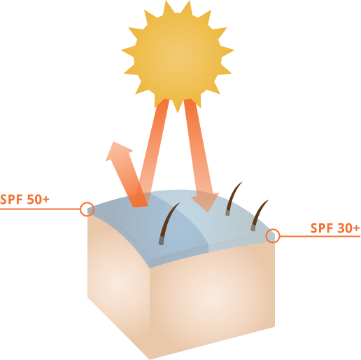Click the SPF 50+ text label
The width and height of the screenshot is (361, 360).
(25, 200)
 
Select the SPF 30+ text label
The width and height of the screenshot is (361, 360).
(335, 228)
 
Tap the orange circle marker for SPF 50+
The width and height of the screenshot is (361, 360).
(87, 209)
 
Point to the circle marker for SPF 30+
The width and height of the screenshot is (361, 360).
(273, 236)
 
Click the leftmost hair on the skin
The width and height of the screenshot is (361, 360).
(169, 223)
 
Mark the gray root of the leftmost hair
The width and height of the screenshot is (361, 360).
(163, 240)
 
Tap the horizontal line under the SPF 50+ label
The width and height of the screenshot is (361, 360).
(38, 209)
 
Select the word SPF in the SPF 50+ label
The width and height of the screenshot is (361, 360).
(12, 200)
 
